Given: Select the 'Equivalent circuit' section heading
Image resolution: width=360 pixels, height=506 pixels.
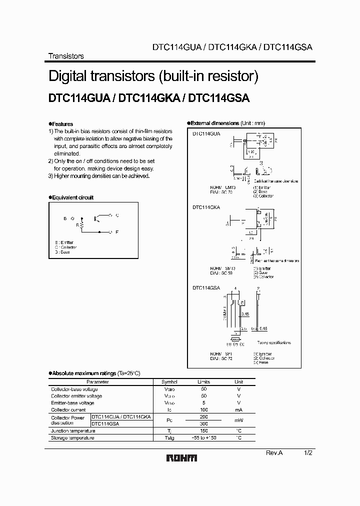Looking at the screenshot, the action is (x=72, y=197).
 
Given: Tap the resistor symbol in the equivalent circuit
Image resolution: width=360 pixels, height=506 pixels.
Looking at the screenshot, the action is (x=80, y=225).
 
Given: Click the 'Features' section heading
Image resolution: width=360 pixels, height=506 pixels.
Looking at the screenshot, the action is (x=62, y=124).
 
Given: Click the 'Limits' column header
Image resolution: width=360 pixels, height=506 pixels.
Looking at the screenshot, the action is (x=204, y=382).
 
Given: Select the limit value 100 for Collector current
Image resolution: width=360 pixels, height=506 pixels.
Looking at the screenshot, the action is (x=204, y=409).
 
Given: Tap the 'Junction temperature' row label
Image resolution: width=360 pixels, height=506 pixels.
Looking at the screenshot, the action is (x=73, y=430).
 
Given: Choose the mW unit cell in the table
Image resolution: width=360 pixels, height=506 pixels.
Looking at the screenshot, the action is (x=238, y=420).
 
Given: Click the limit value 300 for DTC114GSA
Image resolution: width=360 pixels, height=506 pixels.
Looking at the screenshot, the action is (x=204, y=423).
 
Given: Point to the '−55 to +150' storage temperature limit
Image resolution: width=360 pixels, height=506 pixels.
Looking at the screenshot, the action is (x=204, y=437).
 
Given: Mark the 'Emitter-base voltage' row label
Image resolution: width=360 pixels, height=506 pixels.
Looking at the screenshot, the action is (x=72, y=402).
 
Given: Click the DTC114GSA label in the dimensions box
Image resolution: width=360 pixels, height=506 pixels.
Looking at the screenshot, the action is (x=206, y=287).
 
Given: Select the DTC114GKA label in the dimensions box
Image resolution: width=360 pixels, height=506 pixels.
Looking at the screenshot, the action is (x=206, y=206).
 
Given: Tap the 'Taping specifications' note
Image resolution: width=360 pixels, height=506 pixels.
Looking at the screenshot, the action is (x=273, y=342).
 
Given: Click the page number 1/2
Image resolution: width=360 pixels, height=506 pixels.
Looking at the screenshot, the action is (x=308, y=452).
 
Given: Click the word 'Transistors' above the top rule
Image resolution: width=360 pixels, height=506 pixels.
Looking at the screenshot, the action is (x=65, y=56).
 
